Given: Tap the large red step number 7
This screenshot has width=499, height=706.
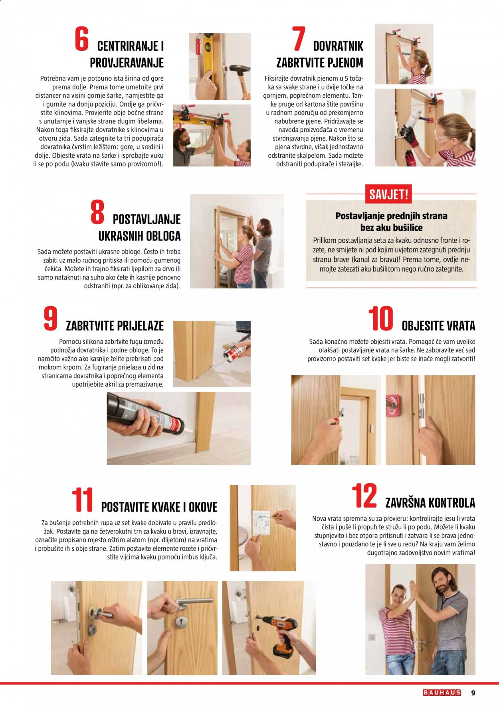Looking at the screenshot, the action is click(x=299, y=39).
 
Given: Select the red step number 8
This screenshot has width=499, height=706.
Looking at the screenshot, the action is click(x=97, y=212).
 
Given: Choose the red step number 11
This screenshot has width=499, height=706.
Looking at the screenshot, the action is click(x=82, y=499).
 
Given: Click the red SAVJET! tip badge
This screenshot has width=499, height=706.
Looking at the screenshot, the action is click(x=388, y=194).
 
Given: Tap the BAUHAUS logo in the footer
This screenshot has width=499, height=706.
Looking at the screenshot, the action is click(x=442, y=692).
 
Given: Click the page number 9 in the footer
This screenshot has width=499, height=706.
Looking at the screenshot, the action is click(x=473, y=692).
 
